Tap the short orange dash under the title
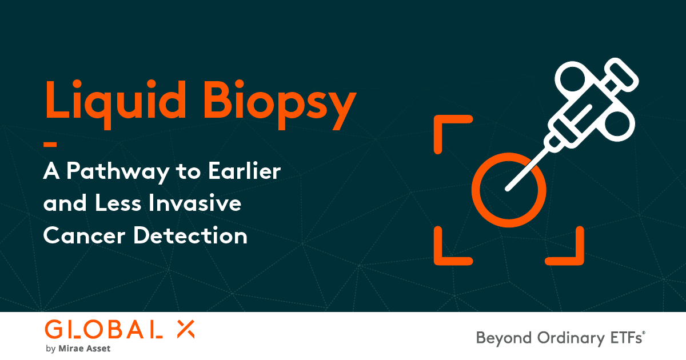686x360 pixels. [49, 145]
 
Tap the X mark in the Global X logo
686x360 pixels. [184, 329]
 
